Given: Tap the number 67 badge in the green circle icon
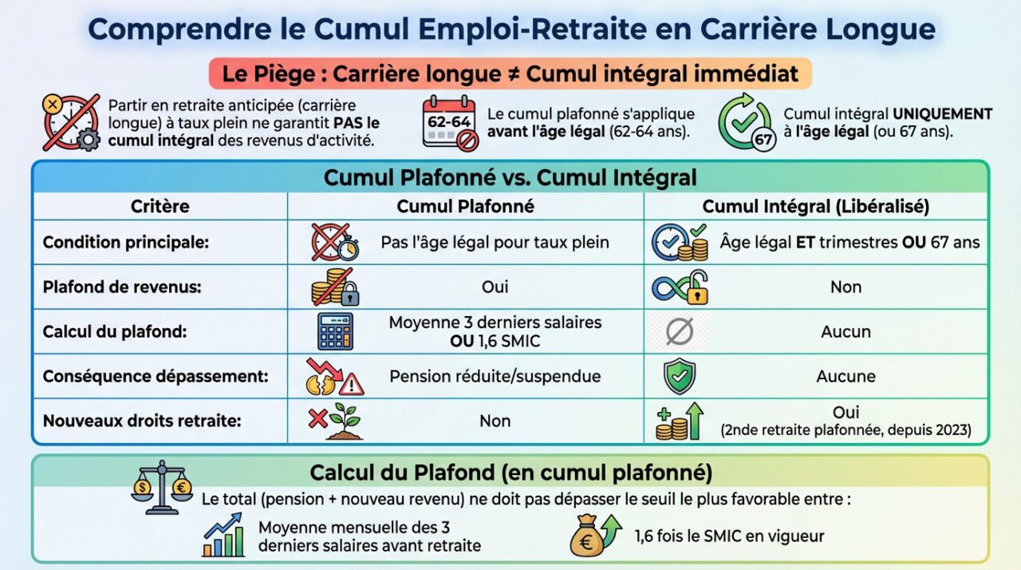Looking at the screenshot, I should point(763,139).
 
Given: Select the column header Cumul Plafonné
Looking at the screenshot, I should point(465,206).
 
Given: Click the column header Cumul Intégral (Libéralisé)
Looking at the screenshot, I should point(815,206).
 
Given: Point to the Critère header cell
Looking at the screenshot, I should point(160,206).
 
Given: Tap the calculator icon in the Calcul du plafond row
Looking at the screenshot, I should point(335,331).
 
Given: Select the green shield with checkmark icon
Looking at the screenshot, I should point(679,376).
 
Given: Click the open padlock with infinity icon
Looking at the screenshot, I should point(680,287).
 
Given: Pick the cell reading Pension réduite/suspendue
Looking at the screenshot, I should point(495,376).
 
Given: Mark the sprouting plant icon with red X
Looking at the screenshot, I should point(335,421).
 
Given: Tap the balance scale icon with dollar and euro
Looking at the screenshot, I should point(161,486).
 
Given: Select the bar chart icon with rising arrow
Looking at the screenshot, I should point(223,535).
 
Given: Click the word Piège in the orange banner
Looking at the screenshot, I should point(284,74).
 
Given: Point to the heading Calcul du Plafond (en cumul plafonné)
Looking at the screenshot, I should point(510,472).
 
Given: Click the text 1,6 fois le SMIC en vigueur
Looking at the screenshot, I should point(729,536).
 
